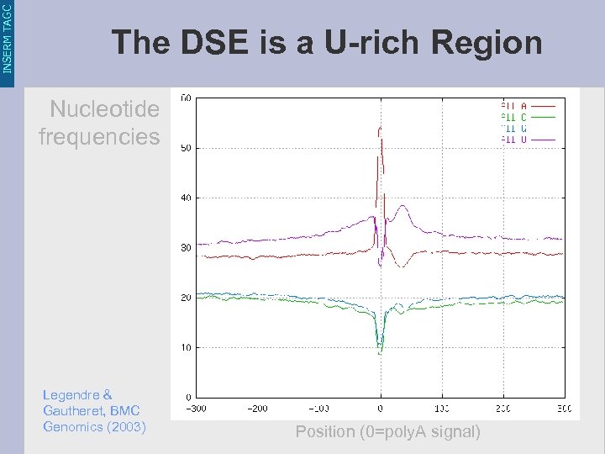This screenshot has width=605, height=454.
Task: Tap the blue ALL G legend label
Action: point(514,128)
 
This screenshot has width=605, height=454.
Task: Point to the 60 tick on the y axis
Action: point(186,98)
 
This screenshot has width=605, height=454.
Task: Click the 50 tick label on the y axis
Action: point(186,148)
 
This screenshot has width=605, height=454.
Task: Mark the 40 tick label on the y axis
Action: point(186,198)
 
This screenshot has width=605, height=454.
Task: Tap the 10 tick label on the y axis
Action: point(186,347)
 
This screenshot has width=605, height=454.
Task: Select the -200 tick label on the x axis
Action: point(258,409)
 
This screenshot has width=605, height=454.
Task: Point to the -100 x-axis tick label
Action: point(319,409)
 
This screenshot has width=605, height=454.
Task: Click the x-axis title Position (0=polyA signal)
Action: point(387,432)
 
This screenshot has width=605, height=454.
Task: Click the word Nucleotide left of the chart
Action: point(104,109)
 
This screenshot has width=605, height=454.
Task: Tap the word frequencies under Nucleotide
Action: point(99,135)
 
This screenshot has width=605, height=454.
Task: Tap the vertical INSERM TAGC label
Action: point(8,38)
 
